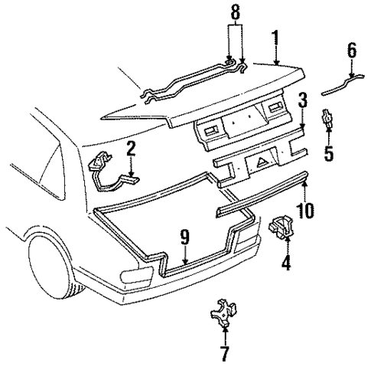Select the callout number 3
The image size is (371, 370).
coord(303,100)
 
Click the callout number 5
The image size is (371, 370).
coord(328,152)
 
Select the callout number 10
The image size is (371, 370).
coord(304,209)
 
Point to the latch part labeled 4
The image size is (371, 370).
coord(285,228)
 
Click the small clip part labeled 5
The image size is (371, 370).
coord(327,119)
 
